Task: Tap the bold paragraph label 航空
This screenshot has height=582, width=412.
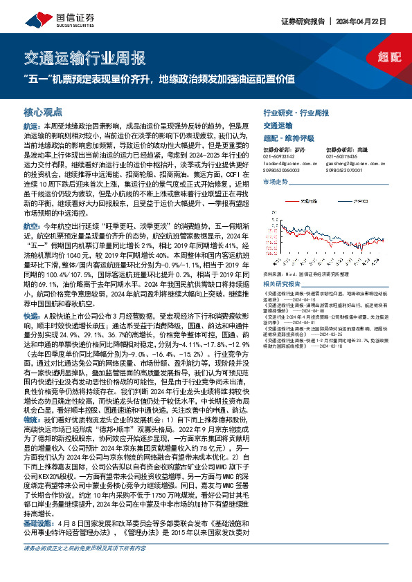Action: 31,226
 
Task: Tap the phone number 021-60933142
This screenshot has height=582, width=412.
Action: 280,156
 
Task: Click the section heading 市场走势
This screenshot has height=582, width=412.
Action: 276,181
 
